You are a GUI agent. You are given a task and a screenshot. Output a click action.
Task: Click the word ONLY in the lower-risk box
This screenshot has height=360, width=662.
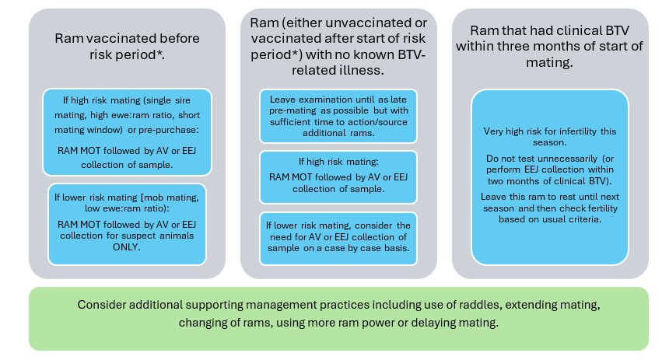tap(126, 247)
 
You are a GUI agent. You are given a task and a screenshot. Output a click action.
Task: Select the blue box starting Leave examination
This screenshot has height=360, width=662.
tap(338, 116)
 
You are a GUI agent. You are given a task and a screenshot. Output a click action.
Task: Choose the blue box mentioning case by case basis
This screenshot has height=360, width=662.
tap(338, 239)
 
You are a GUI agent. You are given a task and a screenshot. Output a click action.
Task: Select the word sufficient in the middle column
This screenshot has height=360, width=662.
tap(290, 122)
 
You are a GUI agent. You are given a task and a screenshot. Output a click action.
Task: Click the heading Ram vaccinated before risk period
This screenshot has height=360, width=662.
tap(127, 47)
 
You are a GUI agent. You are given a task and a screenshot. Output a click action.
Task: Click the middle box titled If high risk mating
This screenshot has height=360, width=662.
tap(338, 177)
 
